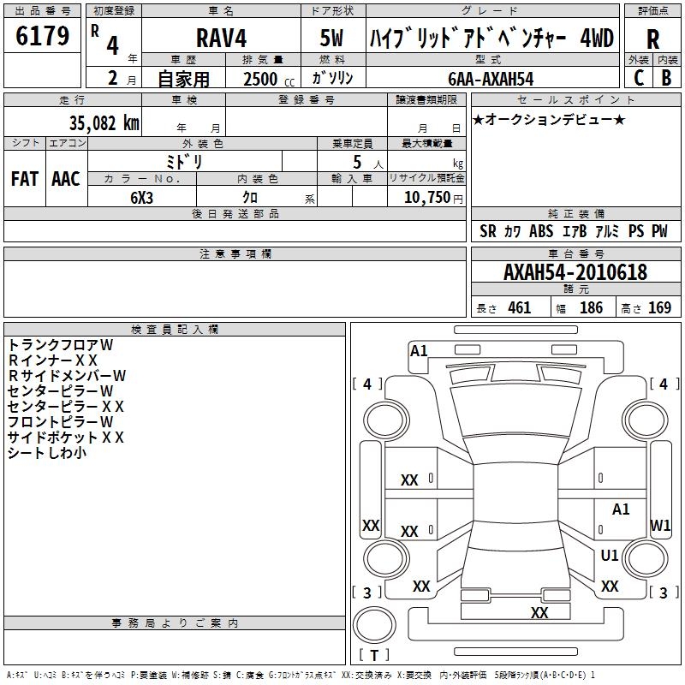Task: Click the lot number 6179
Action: [42, 36]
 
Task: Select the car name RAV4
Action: [221, 38]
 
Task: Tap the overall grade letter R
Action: [652, 39]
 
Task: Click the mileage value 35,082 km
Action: [104, 123]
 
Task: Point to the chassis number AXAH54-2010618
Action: [575, 272]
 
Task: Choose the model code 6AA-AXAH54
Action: [491, 79]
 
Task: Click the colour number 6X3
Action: [141, 198]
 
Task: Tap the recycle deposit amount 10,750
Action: [427, 198]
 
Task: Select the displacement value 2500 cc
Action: [269, 79]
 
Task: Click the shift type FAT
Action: [25, 179]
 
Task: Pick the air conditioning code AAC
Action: [66, 179]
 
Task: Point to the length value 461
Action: [520, 307]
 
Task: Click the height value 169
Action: [659, 307]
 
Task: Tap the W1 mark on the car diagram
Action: [660, 525]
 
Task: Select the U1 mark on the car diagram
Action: [610, 555]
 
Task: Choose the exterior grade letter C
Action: [639, 78]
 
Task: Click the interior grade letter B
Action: [666, 78]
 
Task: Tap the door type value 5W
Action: [331, 38]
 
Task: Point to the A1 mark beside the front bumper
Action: [419, 351]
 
